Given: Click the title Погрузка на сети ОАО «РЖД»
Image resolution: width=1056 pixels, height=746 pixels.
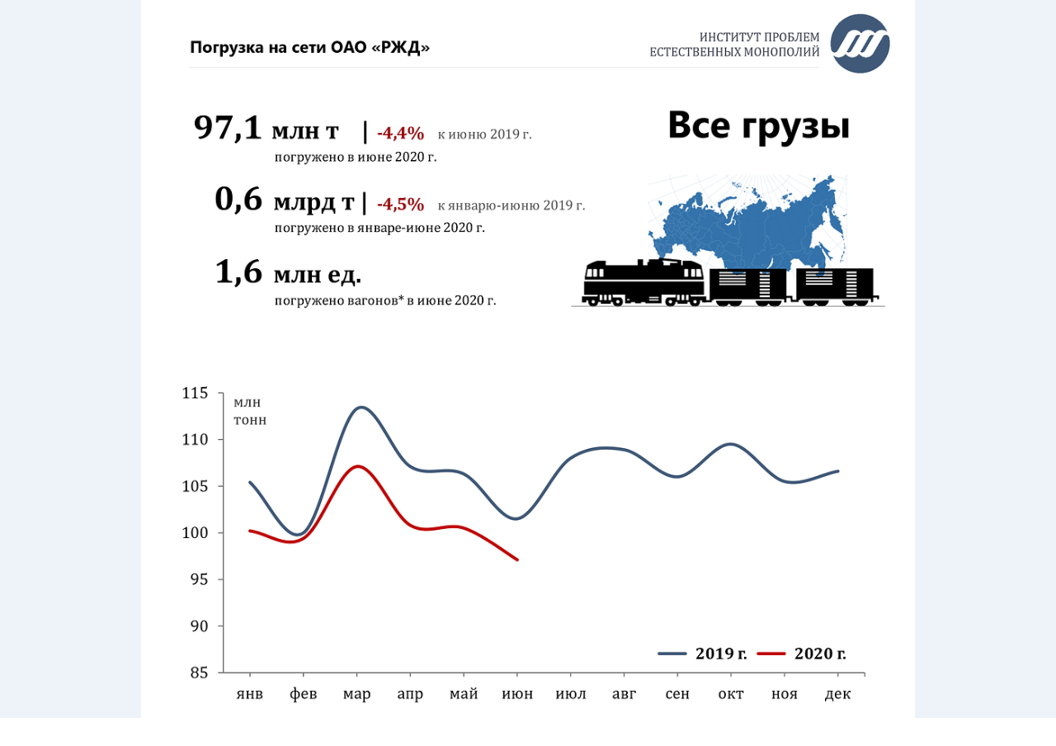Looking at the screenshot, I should tap(310, 47).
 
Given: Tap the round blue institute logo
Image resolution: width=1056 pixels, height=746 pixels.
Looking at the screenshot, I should tap(860, 44).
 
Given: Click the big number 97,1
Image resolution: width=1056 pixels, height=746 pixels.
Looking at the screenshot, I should tap(228, 128).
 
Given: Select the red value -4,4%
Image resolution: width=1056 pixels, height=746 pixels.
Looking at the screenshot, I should tap(400, 133).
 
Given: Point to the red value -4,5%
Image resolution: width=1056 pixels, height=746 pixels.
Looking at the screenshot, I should tap(400, 204).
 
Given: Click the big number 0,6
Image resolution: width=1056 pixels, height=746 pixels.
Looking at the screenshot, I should tap(238, 200).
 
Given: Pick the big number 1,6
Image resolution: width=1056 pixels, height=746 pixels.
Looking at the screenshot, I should tap(238, 272).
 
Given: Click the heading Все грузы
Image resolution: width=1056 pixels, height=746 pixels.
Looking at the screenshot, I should tap(758, 125).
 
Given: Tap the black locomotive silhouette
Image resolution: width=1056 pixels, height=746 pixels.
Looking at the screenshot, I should tap(643, 282).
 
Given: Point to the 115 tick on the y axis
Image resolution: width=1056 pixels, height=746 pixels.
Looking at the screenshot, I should tap(196, 393).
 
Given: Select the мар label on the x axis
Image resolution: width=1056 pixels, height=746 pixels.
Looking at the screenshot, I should tap(356, 694).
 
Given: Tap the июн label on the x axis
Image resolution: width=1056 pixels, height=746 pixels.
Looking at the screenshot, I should tap(517, 694).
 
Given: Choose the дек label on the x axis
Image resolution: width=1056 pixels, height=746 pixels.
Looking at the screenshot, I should tap(837, 694).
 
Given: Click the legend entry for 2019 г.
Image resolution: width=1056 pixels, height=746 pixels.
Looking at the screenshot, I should tap(703, 654).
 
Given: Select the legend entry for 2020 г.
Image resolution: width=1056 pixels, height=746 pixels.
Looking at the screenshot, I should tap(802, 654).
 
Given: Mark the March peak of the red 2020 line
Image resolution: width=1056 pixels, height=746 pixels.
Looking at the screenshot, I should tap(357, 466).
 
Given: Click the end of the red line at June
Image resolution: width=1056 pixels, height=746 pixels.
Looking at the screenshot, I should tap(517, 559).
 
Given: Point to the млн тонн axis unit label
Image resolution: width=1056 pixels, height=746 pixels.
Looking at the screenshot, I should tap(250, 411).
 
